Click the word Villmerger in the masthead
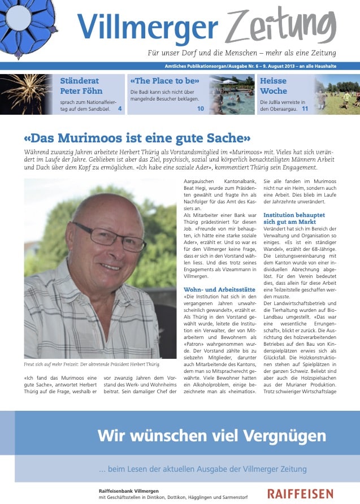pyautogui.click(x=147, y=26)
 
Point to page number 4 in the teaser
pyautogui.click(x=120, y=108)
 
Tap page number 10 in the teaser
pyautogui.click(x=201, y=108)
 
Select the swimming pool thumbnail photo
pyautogui.click(x=232, y=94)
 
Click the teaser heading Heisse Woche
pyautogui.click(x=274, y=85)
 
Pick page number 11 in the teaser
pyautogui.click(x=305, y=108)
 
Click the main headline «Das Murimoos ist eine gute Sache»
pyautogui.click(x=137, y=137)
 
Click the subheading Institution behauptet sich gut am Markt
pyautogui.click(x=294, y=219)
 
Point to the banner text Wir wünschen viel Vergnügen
pyautogui.click(x=211, y=436)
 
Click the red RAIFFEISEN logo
pyautogui.click(x=300, y=493)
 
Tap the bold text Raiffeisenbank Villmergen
pyautogui.click(x=128, y=490)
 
